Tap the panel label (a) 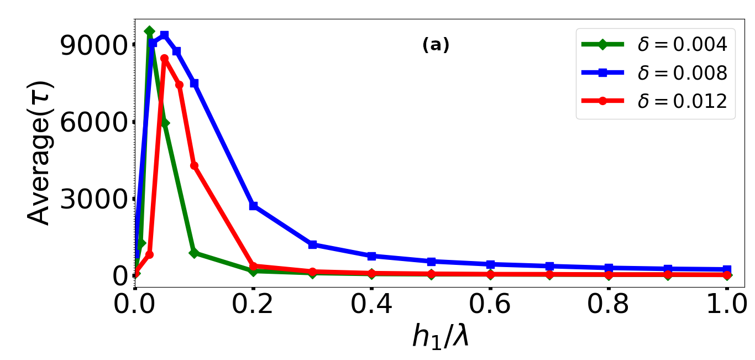tap(436, 45)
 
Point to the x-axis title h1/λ tap(441, 336)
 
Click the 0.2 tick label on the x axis tap(253, 305)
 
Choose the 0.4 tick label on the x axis tap(371, 305)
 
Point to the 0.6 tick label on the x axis tap(490, 305)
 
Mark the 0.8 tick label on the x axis tap(609, 305)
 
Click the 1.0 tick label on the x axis tap(726, 305)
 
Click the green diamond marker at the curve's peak tap(149, 31)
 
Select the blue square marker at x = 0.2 tap(253, 206)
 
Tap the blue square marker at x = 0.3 tap(312, 244)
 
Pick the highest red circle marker tap(164, 58)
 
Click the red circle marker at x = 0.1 tap(194, 165)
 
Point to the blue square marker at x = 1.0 tap(727, 269)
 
